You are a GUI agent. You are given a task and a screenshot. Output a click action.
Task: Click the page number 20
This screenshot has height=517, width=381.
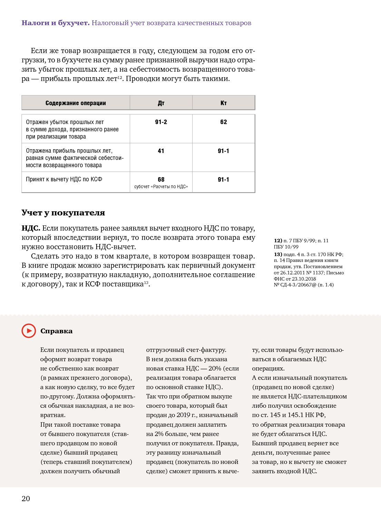click(26, 498)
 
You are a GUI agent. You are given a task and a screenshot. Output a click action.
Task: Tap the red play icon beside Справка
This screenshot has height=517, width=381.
click(29, 331)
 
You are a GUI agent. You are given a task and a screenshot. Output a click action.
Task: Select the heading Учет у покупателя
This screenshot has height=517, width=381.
click(63, 213)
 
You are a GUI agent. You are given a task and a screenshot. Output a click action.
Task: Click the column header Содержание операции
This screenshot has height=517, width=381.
click(76, 103)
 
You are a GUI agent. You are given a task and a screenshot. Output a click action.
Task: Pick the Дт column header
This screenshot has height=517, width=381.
click(161, 103)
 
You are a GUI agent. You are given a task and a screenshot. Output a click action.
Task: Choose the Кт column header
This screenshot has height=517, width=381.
click(224, 103)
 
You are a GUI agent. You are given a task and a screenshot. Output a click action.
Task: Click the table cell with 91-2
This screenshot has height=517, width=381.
click(161, 122)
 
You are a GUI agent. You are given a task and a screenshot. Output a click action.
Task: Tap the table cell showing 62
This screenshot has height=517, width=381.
click(224, 122)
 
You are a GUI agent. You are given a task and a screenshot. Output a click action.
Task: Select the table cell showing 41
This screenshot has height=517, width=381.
click(161, 151)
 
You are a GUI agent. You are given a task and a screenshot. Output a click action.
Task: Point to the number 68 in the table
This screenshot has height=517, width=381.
click(161, 180)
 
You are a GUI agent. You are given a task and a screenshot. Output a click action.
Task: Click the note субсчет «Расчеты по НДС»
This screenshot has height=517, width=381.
click(161, 187)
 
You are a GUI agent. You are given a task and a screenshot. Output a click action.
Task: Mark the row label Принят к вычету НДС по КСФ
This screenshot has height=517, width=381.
click(64, 179)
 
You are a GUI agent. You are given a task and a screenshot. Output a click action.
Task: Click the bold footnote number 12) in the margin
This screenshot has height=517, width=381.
click(278, 241)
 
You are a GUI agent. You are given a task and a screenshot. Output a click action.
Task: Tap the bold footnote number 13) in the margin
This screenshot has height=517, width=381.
click(278, 254)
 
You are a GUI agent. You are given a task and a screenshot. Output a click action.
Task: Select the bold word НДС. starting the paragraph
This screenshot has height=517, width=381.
click(31, 228)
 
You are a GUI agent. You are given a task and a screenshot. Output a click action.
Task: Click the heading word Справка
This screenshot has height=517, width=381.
click(57, 331)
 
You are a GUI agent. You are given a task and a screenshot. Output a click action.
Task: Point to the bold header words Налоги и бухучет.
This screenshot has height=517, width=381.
click(56, 23)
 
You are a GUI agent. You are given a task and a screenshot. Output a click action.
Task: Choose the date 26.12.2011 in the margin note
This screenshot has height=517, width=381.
click(292, 273)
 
